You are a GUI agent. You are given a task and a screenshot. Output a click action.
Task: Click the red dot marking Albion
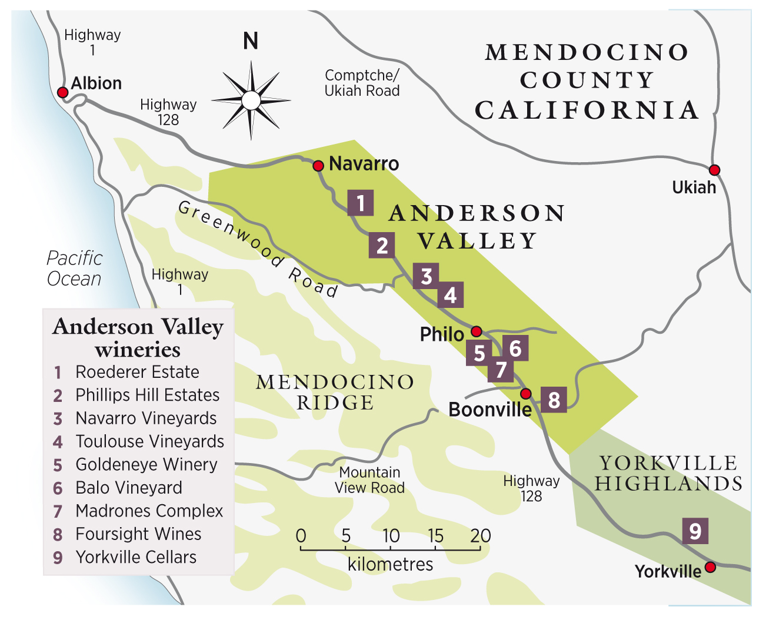[x=62, y=92]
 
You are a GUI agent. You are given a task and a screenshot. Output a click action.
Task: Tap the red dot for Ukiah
[x=714, y=170]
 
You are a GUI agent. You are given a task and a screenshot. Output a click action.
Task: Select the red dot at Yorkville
[x=710, y=567]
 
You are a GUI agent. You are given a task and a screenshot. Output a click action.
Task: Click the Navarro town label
[x=364, y=164]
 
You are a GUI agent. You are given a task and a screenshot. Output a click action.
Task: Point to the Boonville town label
[x=489, y=410]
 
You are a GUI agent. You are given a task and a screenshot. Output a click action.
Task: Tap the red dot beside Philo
[x=477, y=331]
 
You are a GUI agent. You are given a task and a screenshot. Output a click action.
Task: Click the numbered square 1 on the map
[x=361, y=203]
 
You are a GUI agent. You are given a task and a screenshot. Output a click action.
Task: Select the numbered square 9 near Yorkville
[x=695, y=531]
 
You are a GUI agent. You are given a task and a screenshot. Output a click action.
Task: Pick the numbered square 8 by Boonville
[x=554, y=400]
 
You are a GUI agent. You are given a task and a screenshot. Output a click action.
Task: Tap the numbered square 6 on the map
[x=515, y=348]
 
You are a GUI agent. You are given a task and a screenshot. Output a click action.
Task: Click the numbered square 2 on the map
[x=382, y=245]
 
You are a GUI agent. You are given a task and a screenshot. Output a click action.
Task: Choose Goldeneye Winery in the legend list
[x=146, y=465]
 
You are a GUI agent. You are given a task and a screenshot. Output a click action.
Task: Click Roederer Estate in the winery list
[x=137, y=372]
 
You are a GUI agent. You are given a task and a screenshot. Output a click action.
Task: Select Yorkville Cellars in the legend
[x=136, y=557]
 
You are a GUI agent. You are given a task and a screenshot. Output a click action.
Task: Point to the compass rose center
[x=251, y=100]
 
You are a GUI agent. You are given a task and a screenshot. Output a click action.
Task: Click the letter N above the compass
[x=251, y=42]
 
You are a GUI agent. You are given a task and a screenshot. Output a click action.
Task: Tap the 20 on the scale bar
[x=481, y=536]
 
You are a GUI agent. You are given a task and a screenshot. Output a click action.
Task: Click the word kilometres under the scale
[x=390, y=565]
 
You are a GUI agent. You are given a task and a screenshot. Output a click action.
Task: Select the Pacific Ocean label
[x=74, y=269]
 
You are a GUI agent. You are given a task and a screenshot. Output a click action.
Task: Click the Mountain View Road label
[x=369, y=480]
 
